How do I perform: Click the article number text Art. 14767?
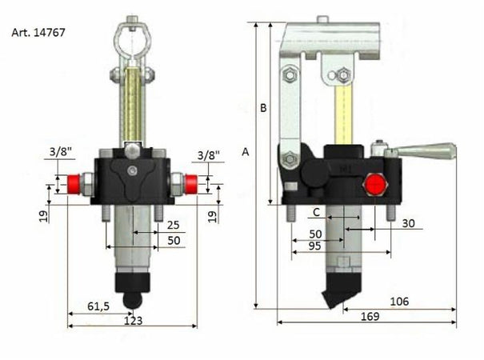coord(38,34)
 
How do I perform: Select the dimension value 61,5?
coord(99,306)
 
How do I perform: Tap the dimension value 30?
coord(410,223)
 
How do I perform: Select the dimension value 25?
coord(172,226)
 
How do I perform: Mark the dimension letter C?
coord(317,211)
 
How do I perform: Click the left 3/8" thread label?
coord(58,151)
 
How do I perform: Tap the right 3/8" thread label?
coord(207,154)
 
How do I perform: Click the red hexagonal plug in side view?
coord(373,186)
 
